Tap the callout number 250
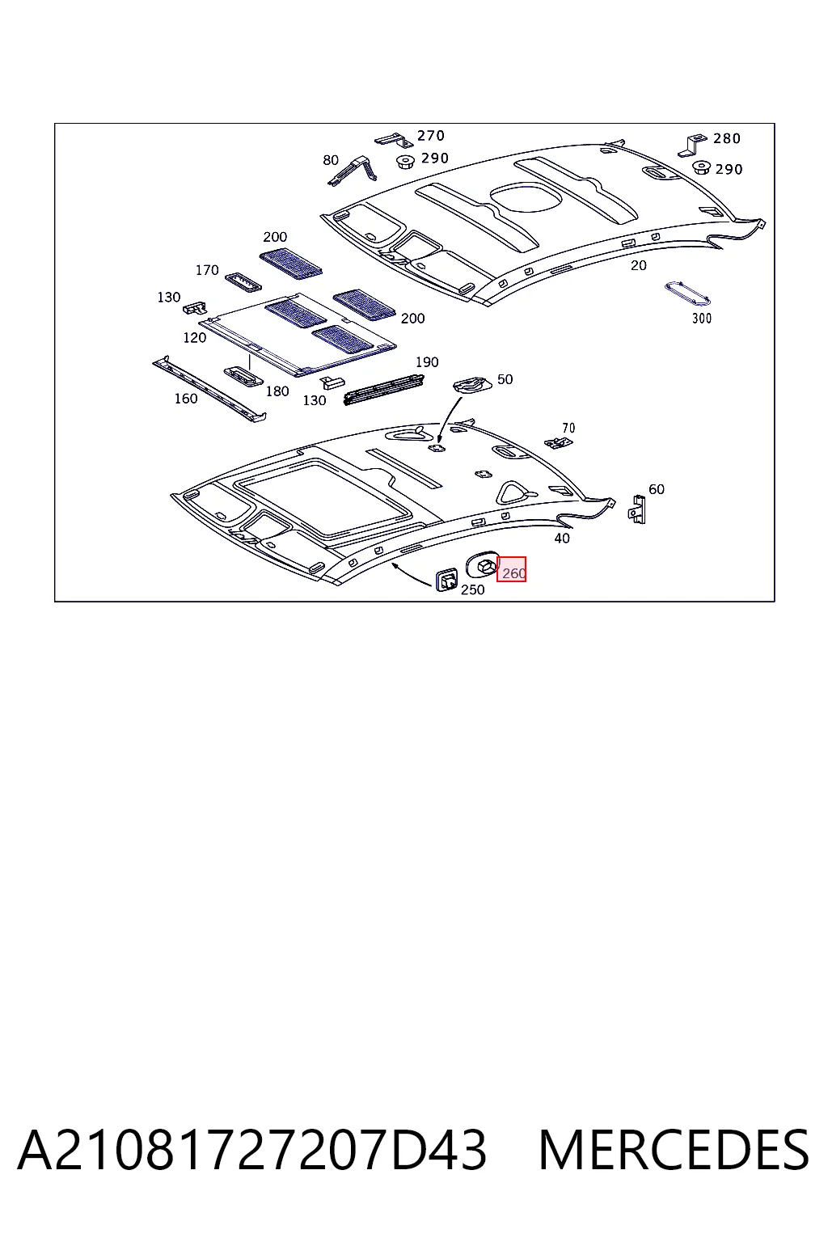pyautogui.click(x=472, y=589)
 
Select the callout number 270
pyautogui.click(x=431, y=135)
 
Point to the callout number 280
pyautogui.click(x=726, y=138)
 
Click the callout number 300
pyautogui.click(x=702, y=319)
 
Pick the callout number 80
pyautogui.click(x=331, y=160)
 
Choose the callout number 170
pyautogui.click(x=207, y=270)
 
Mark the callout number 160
pyautogui.click(x=186, y=399)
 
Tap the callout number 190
pyautogui.click(x=427, y=362)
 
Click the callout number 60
pyautogui.click(x=656, y=489)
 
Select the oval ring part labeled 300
pyautogui.click(x=687, y=293)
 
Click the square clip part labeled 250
pyautogui.click(x=446, y=580)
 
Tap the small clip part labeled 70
pyautogui.click(x=559, y=442)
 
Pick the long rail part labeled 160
pyautogui.click(x=209, y=389)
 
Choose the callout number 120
pyautogui.click(x=195, y=338)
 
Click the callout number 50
pyautogui.click(x=505, y=379)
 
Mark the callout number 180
pyautogui.click(x=277, y=391)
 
